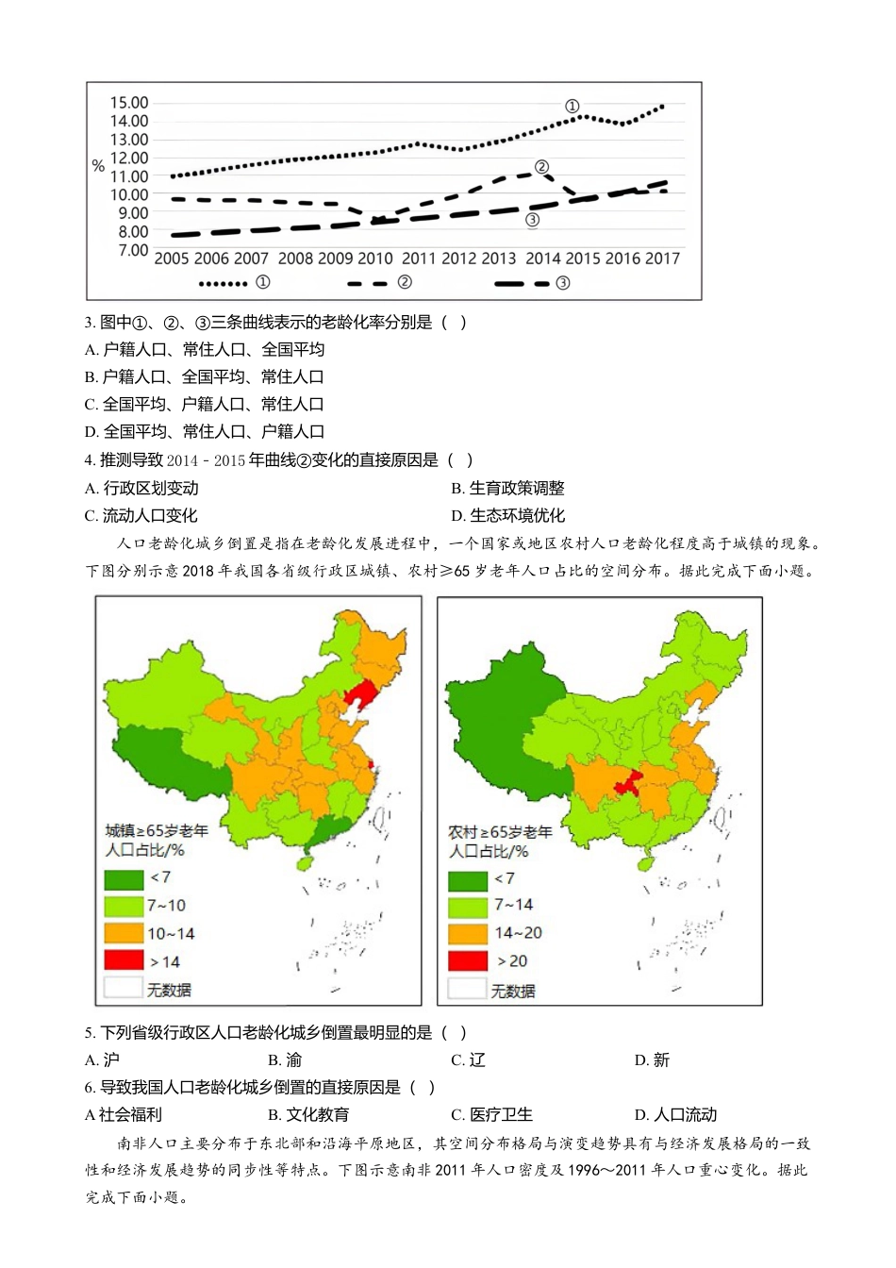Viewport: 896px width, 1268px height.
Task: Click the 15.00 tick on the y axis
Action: (x=128, y=103)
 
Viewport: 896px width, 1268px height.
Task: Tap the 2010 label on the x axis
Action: (x=374, y=259)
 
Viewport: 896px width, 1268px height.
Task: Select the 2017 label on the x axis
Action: (x=662, y=259)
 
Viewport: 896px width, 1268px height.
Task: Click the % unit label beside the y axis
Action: (x=98, y=166)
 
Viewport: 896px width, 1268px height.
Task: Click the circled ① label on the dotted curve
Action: (x=572, y=107)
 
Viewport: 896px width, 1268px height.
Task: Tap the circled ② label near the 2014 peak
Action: (x=541, y=167)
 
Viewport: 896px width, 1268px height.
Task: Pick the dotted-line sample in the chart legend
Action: (x=224, y=283)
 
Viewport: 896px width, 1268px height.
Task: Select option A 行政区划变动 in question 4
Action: (x=141, y=488)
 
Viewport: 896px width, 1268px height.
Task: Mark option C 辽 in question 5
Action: (x=469, y=1059)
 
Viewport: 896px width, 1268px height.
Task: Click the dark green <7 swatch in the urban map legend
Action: (x=124, y=878)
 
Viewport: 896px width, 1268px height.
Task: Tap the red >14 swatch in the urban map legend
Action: (x=124, y=961)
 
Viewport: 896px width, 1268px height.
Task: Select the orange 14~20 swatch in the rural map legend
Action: (x=468, y=933)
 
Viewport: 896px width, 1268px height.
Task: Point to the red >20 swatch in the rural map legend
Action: (x=468, y=961)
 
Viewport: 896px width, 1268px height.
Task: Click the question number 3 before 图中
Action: (x=89, y=323)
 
